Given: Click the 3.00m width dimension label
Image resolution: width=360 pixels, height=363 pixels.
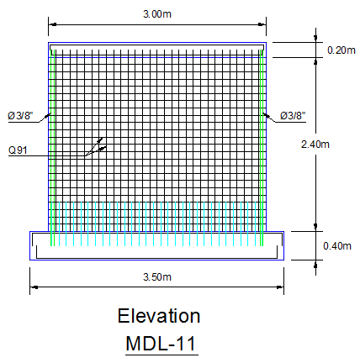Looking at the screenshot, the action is pos(157,14).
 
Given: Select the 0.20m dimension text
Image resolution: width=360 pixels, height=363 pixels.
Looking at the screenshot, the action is pos(341,50).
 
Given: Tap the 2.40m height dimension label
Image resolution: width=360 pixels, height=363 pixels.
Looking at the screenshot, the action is pos(315,145).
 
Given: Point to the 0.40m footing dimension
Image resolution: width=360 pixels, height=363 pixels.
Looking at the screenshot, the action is pos(337,246).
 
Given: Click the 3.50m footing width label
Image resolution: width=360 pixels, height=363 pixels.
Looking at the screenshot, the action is pos(157,277).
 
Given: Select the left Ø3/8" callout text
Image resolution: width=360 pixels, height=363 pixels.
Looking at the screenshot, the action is pos(20,115).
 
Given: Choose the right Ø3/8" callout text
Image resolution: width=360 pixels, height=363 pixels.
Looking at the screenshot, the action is pos(293,115).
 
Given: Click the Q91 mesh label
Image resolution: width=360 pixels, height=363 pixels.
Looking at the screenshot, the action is pos(18,150).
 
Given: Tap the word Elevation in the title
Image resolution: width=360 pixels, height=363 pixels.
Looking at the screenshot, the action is pos(159,316).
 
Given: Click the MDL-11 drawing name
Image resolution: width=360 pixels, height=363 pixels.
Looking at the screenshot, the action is pos(161,344).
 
